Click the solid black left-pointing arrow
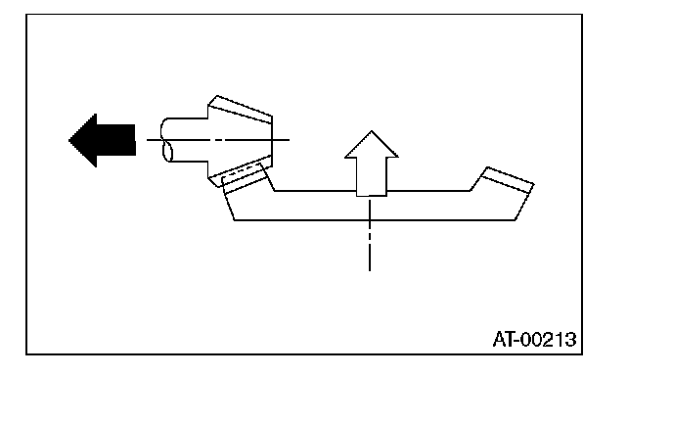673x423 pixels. pos(103,140)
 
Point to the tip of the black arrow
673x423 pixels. pos(70,140)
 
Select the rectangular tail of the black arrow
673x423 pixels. pos(119,140)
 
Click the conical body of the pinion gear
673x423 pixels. pos(240,140)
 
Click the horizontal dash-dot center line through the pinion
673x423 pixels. pos(280,140)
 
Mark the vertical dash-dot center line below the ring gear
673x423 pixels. pos(370,245)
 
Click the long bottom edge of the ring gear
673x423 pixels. pos(372,220)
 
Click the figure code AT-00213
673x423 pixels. pos(533,340)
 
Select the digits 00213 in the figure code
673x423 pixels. pos(549,340)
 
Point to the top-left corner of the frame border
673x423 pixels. pos(27,14)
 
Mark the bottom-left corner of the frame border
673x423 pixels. pos(27,353)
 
